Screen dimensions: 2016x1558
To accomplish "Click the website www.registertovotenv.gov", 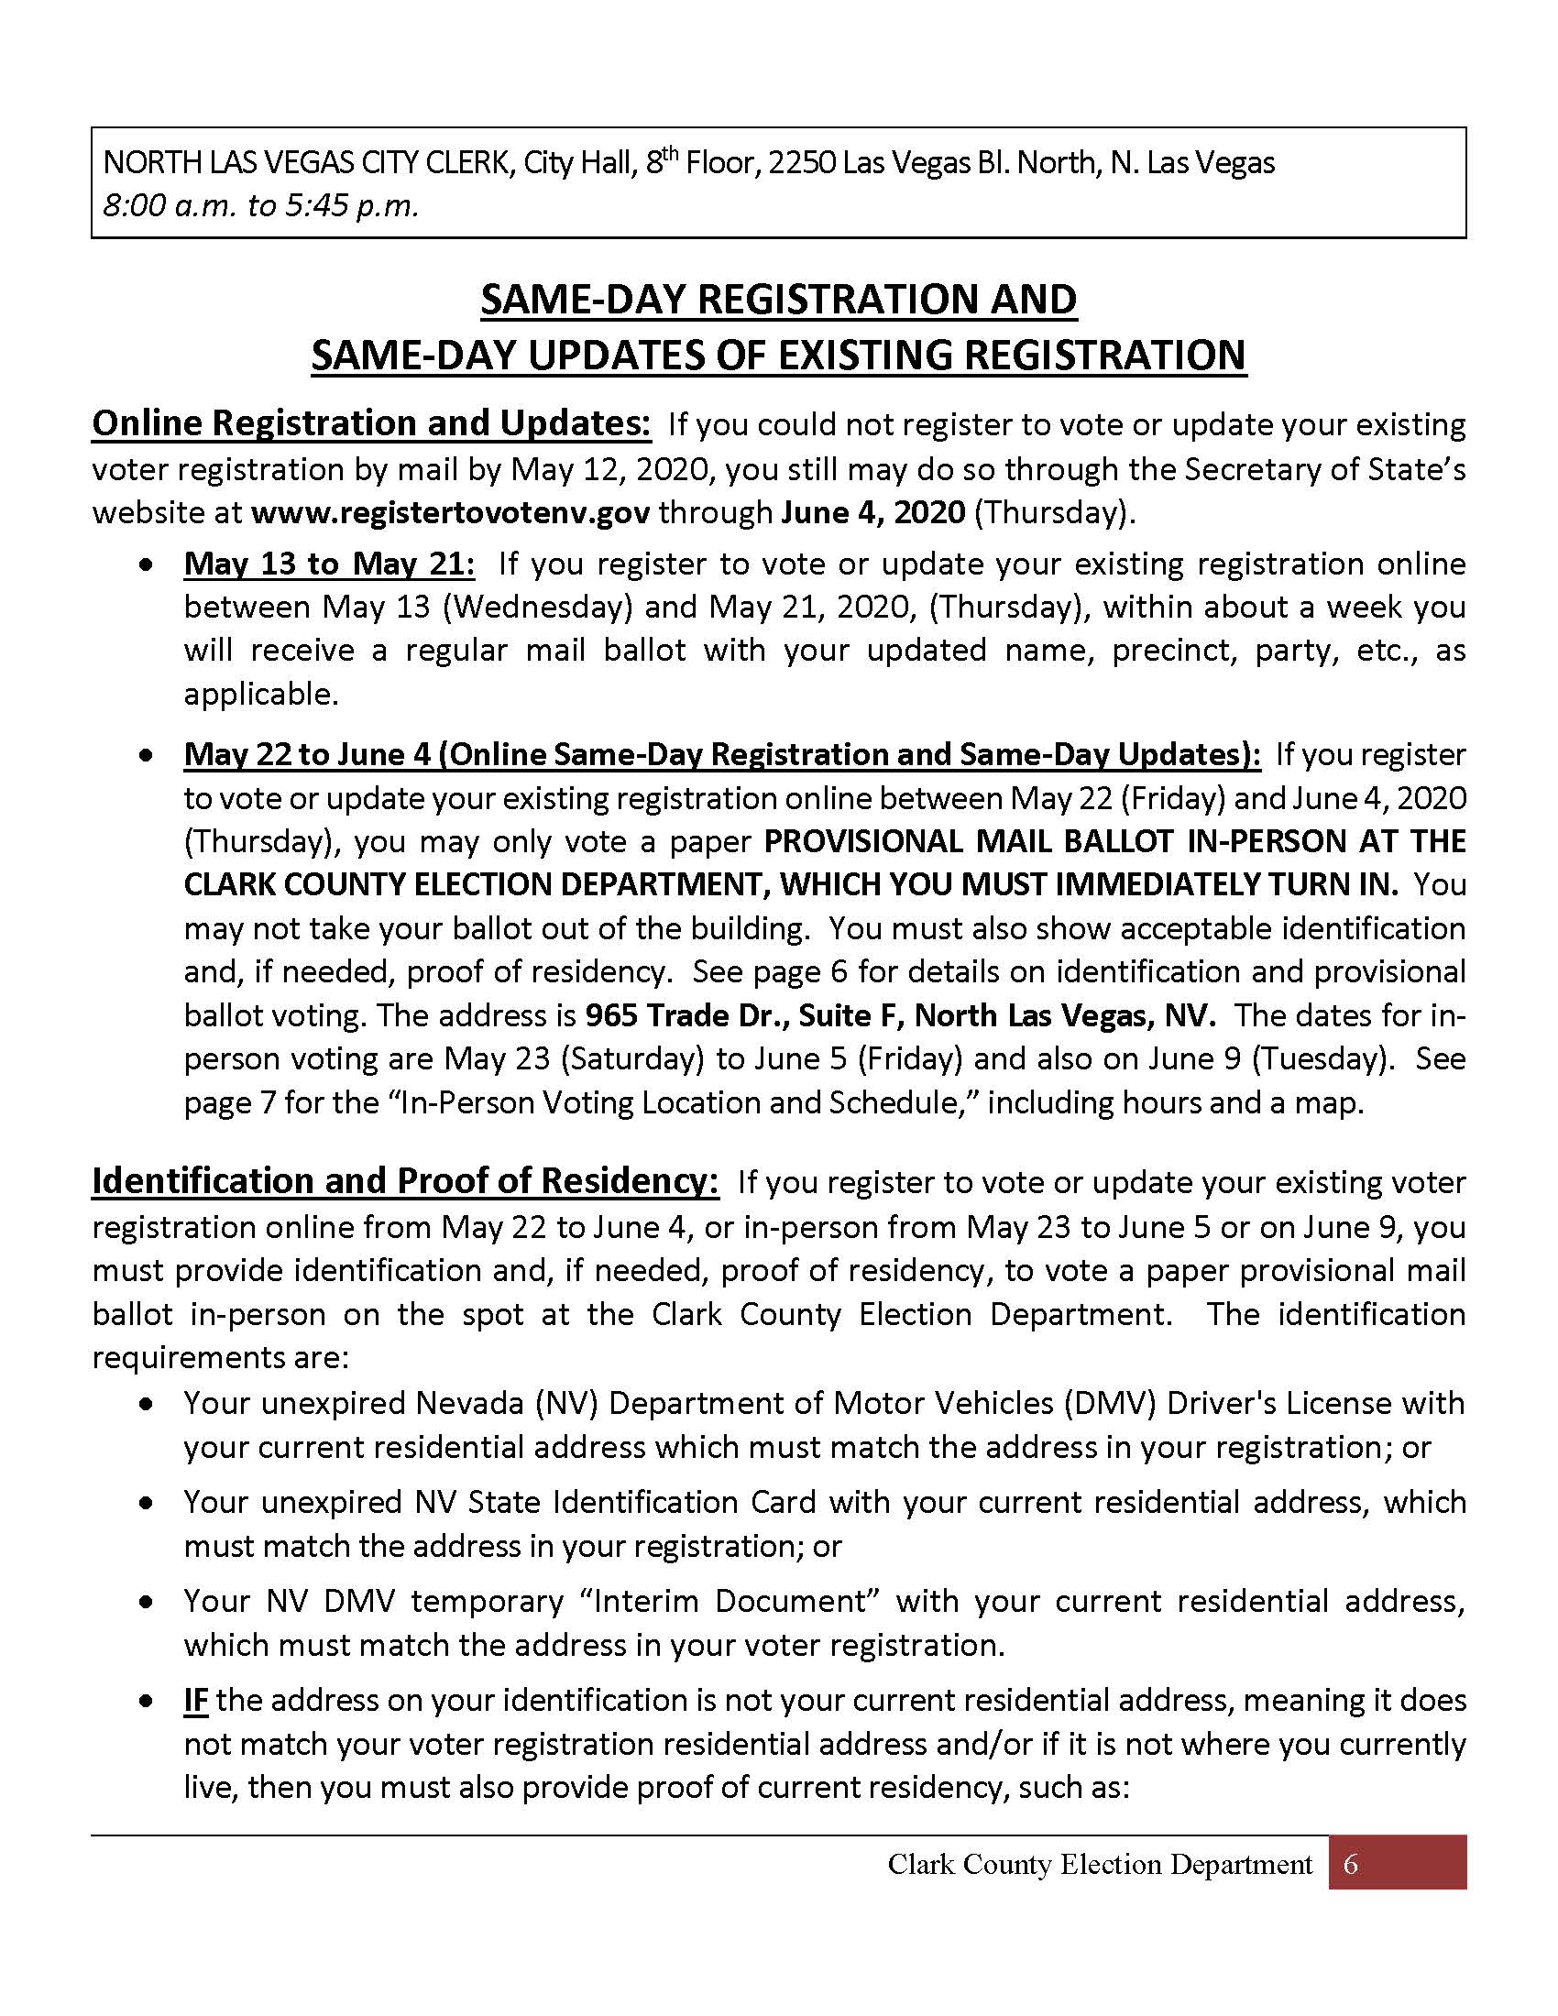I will click(x=449, y=512).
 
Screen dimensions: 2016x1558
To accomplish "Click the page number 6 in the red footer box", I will click(x=1350, y=1864).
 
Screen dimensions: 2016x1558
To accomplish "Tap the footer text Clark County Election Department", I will click(x=1099, y=1865).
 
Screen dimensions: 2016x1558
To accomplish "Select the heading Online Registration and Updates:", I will click(x=372, y=423).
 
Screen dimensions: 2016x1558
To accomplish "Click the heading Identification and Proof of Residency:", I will click(x=405, y=1182).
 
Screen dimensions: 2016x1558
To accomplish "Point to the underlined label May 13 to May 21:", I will click(x=330, y=563).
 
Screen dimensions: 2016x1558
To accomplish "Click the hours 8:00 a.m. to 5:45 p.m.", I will click(x=261, y=205).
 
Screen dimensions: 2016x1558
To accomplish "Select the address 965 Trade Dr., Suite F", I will click(x=743, y=1015).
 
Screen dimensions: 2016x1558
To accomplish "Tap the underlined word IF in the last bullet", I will click(x=196, y=1700).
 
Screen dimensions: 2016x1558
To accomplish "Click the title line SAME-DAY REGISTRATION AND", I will click(x=779, y=300).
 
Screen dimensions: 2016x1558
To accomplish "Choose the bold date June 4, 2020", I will click(x=872, y=512).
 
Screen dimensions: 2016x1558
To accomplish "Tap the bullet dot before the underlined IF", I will click(x=146, y=1702).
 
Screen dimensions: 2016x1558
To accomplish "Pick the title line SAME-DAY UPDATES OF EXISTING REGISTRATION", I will click(x=779, y=356).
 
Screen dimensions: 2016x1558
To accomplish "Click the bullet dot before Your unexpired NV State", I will click(x=146, y=1503).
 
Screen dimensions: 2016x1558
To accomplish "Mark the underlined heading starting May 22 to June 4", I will click(x=722, y=754).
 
